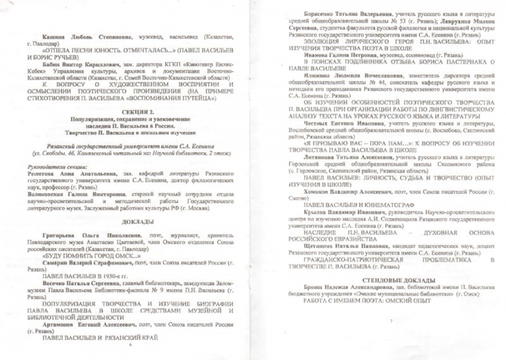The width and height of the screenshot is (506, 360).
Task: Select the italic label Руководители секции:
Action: pos(58,166)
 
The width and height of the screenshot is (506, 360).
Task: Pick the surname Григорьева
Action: pos(61,233)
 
